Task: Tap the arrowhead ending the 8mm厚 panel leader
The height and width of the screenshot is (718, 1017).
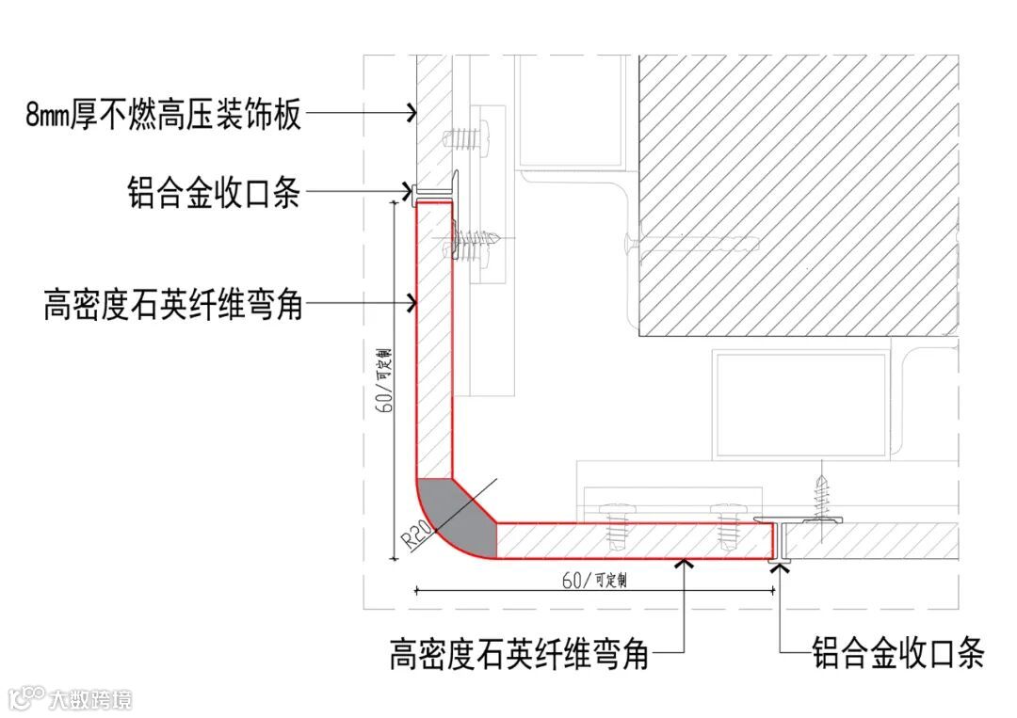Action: pyautogui.click(x=411, y=114)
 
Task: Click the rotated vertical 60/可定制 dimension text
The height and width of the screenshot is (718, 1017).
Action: pyautogui.click(x=384, y=376)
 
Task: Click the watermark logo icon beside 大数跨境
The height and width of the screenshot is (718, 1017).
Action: pyautogui.click(x=26, y=698)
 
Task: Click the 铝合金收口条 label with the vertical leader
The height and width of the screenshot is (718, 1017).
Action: pyautogui.click(x=897, y=651)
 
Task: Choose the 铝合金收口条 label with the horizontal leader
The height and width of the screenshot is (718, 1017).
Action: pyautogui.click(x=214, y=194)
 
